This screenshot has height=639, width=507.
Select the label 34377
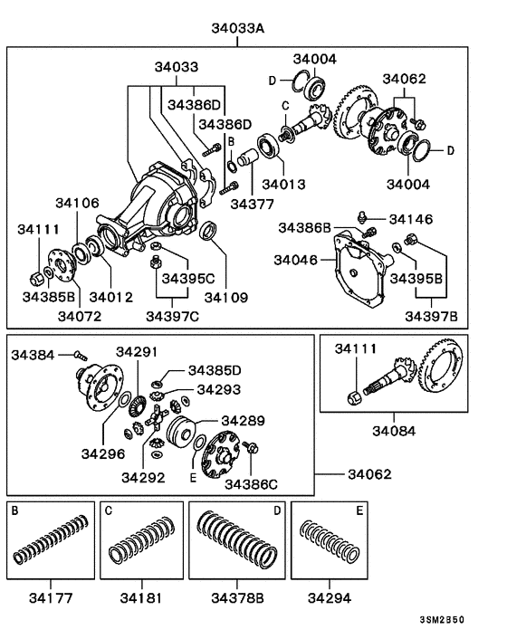coord(250,205)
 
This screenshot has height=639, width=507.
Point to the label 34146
coord(411,219)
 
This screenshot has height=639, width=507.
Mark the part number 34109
coord(225,297)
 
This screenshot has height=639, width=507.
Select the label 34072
coord(80,316)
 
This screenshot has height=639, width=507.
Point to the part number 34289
coord(243,421)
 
